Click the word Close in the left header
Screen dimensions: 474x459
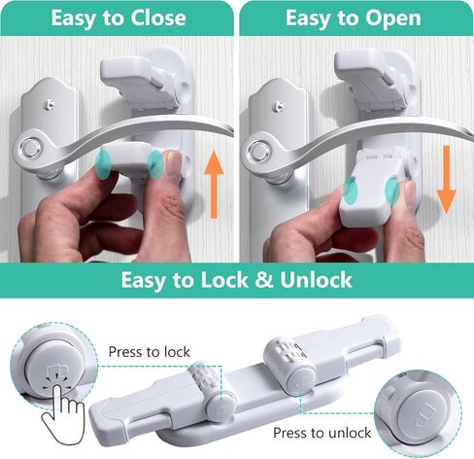[x=158, y=18]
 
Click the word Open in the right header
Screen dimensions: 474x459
[x=393, y=18]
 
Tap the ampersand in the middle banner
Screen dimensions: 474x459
[x=264, y=279]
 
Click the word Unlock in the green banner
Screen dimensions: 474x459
[x=316, y=279]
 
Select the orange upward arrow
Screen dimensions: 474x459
[x=214, y=184]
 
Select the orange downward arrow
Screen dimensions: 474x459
[x=447, y=180]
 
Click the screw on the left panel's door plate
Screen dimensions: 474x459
[x=50, y=105]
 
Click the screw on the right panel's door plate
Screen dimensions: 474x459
[x=278, y=105]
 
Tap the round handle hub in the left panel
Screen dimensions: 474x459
[x=31, y=150]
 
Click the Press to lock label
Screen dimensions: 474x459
[x=150, y=352]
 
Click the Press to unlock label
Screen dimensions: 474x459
[x=322, y=433]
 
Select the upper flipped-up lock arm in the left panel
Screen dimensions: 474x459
[x=144, y=80]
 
